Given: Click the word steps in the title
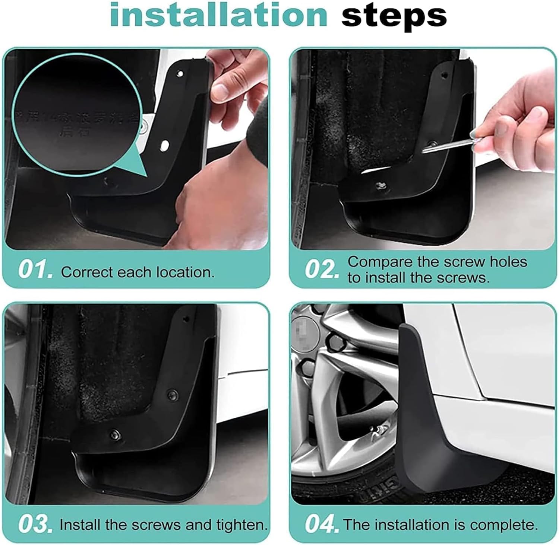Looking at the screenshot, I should pyautogui.click(x=394, y=16).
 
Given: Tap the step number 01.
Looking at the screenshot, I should pyautogui.click(x=35, y=271).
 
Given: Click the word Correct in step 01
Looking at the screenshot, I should pyautogui.click(x=87, y=272).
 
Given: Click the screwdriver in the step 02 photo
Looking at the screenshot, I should pyautogui.click(x=451, y=146).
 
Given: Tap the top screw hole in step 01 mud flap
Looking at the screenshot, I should pyautogui.click(x=180, y=74).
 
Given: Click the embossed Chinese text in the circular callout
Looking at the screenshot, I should pyautogui.click(x=75, y=123).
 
